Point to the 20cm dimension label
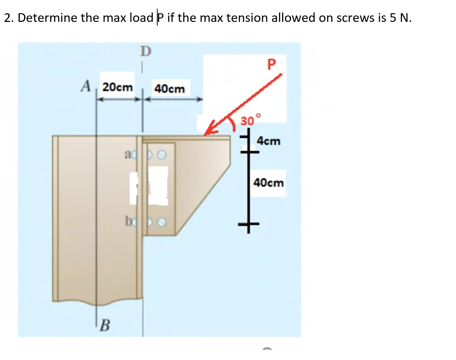[118, 87]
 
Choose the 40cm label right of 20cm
[170, 89]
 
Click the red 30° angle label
[250, 121]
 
